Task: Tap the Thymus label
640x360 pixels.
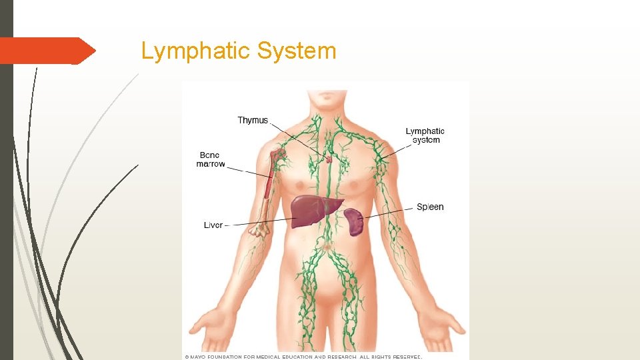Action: [253, 121]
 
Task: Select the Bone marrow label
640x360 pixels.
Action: [211, 159]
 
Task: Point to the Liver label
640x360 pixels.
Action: [213, 225]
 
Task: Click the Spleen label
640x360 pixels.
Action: [430, 207]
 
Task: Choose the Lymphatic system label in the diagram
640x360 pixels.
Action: [425, 135]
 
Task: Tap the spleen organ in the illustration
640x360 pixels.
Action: [354, 222]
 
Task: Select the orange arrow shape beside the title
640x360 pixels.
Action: [47, 51]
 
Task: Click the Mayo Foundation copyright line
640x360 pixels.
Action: [303, 357]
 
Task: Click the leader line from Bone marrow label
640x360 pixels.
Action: [247, 170]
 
